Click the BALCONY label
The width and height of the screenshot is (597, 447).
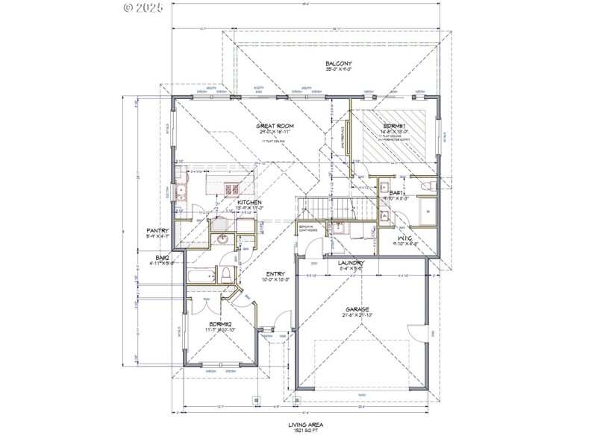338,64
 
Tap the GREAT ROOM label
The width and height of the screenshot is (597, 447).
276,126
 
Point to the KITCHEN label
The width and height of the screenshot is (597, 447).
249,203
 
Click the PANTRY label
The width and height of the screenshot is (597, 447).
158,231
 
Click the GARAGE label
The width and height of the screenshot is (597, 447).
357,309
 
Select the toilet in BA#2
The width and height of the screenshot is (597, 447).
225,276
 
